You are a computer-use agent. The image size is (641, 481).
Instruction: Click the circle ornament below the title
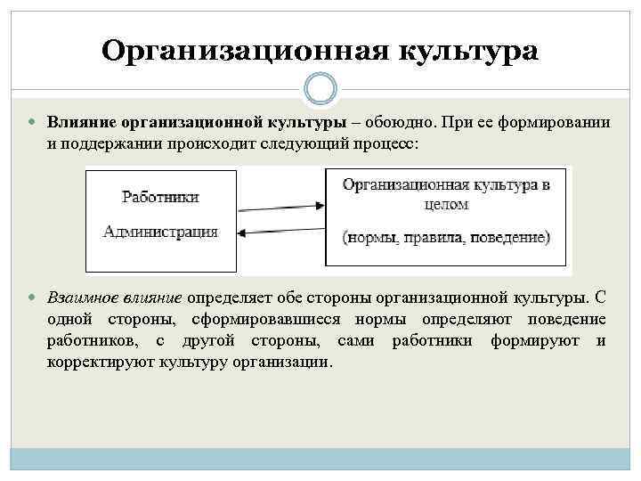pos(320,89)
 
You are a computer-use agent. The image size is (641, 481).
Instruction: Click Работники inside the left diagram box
pos(160,197)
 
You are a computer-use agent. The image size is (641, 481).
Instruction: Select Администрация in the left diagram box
pos(160,232)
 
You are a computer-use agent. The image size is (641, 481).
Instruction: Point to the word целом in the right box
pos(446,204)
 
